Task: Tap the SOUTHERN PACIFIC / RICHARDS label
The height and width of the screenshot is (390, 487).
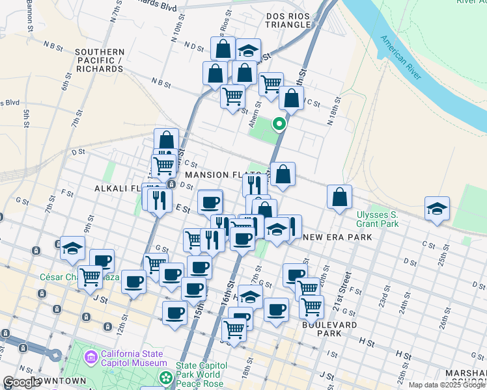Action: [100, 60]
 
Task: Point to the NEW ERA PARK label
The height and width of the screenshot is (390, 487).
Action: [338, 237]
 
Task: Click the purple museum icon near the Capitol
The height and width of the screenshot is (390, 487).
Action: [91, 357]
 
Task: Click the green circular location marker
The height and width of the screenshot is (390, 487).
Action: [279, 123]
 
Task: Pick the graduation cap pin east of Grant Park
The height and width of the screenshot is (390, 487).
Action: [437, 209]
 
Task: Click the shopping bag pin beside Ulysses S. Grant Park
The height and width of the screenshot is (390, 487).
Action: [339, 197]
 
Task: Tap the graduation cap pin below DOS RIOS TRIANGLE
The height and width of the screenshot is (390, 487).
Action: [247, 50]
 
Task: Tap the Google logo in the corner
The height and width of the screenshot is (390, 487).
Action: [22, 382]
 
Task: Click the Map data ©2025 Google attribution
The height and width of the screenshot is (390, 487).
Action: [447, 385]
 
